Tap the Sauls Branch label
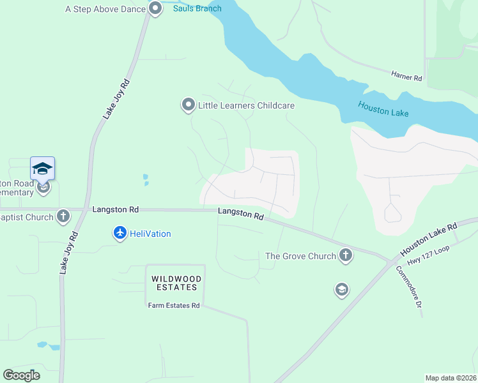pos(197,8)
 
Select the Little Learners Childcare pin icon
pos(188,105)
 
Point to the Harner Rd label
pos(407,76)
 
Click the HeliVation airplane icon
pos(119,234)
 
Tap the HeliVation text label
pos(150,234)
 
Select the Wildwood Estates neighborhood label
pos(176,283)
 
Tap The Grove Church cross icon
pos(345,256)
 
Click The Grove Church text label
pos(300,256)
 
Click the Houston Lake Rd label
pos(429,237)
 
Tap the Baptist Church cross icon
pos(63,216)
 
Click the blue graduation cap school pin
pos(42,169)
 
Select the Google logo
pos(22,375)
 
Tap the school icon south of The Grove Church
pos(342,290)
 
